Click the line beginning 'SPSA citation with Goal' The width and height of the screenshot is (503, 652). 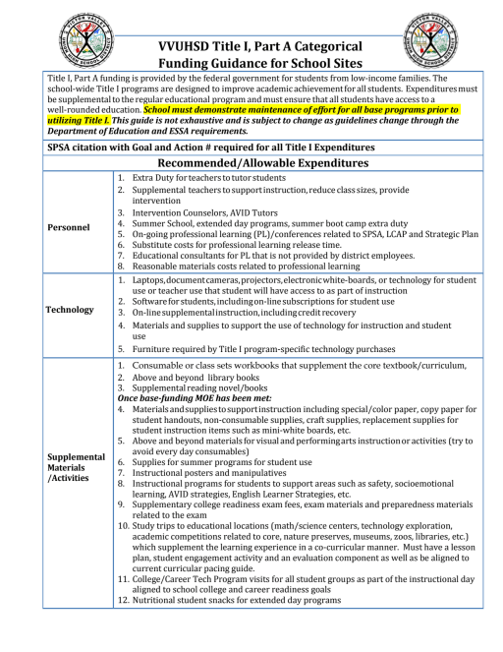(x=196, y=146)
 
